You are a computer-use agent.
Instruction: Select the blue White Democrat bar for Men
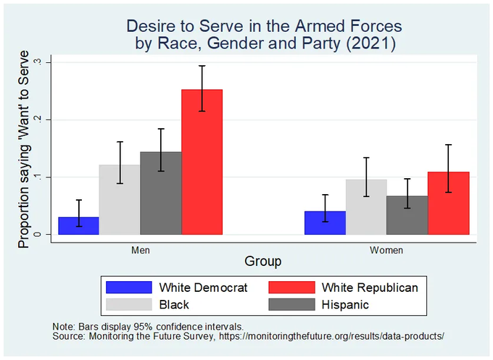tap(78, 226)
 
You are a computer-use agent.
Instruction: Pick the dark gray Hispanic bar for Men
tap(161, 193)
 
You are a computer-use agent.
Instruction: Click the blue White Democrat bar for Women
tap(325, 222)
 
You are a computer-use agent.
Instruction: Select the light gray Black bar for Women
tap(366, 206)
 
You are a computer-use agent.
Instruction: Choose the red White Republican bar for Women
tap(448, 203)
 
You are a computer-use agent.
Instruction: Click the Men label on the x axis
tap(141, 250)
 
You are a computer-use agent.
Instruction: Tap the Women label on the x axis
tap(386, 250)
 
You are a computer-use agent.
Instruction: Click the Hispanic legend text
tap(344, 305)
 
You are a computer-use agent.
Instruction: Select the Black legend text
tap(175, 305)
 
